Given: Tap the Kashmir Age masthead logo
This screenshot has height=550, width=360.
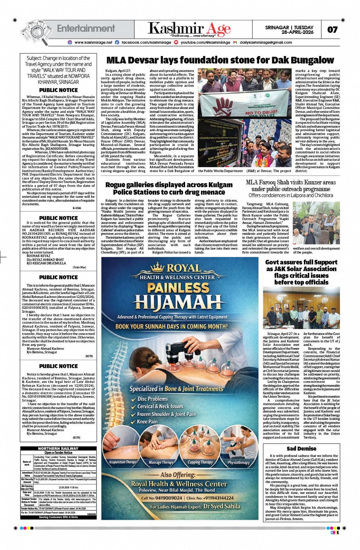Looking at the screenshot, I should click(189, 29).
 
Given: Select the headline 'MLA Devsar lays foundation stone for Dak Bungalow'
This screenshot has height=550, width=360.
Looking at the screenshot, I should click(220, 60).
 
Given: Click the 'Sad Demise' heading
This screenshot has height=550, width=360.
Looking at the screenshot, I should click(301, 449).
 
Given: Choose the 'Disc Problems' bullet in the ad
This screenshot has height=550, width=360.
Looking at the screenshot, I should click(152, 399).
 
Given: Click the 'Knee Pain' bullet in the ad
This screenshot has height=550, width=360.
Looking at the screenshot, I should click(147, 421).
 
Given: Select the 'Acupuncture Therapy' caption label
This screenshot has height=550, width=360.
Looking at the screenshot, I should click(124, 462).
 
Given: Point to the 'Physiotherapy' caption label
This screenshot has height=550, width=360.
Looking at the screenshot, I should click(239, 462).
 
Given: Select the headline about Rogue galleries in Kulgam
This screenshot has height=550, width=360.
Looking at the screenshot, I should click(169, 188).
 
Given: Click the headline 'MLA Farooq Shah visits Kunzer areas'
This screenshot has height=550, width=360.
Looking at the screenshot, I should click(291, 185).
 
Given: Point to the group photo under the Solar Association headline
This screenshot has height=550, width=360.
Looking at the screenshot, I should click(301, 308).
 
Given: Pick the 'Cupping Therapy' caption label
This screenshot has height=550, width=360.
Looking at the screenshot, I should click(200, 462).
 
